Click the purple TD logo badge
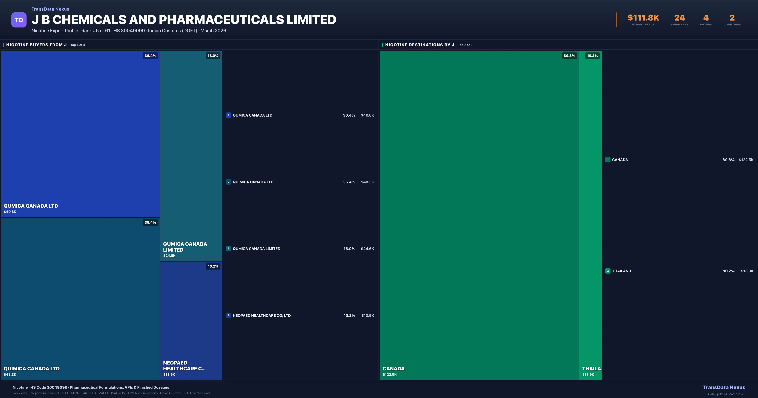click(x=19, y=20)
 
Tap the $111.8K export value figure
click(x=643, y=18)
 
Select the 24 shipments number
click(x=679, y=18)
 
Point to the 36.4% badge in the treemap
click(x=150, y=56)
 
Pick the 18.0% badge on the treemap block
click(x=213, y=56)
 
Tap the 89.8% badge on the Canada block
click(x=569, y=56)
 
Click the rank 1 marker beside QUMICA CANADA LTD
click(x=228, y=115)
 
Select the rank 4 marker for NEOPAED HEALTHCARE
click(x=228, y=315)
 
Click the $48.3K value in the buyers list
click(x=367, y=182)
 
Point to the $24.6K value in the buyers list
click(x=367, y=249)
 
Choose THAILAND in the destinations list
click(x=621, y=271)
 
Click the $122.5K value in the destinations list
click(x=746, y=160)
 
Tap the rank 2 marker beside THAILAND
click(x=608, y=271)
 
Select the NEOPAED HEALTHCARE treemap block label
click(x=184, y=366)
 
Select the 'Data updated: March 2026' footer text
click(x=727, y=394)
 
